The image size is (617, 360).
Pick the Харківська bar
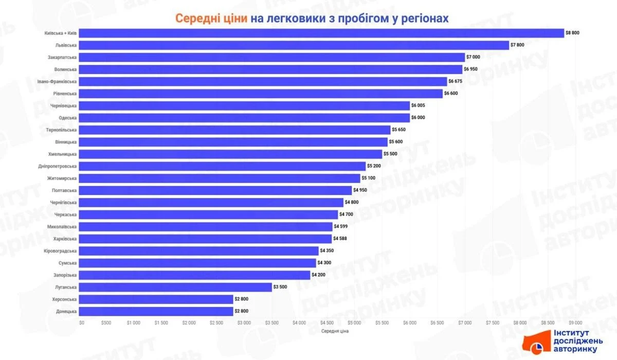206,239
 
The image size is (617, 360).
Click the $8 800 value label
572,33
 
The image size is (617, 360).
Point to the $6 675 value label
456,81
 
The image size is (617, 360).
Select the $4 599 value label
341,226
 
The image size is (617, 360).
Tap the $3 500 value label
281,287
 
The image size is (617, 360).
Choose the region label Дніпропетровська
58,166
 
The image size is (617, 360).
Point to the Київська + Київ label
61,33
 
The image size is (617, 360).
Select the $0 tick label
82,322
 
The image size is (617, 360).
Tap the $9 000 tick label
575,322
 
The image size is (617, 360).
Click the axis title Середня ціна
335,331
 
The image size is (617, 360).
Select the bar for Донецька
156,311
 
